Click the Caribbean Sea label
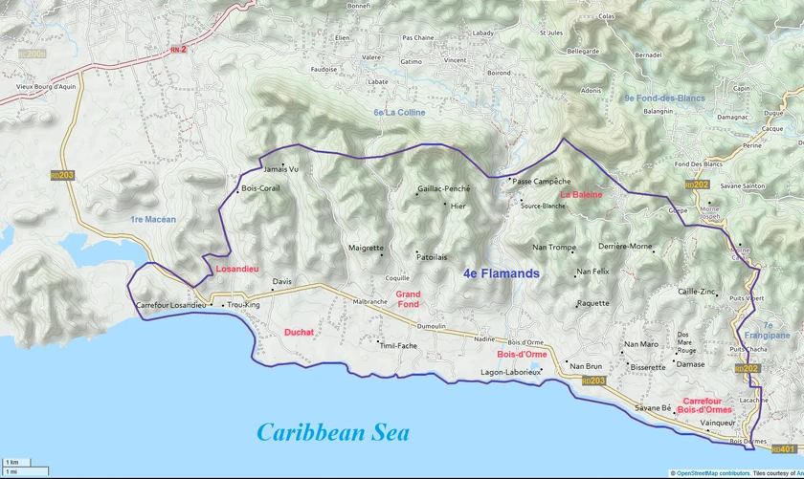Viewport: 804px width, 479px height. tap(332, 432)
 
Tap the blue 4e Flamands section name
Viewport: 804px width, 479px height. tap(501, 273)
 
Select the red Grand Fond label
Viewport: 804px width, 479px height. tap(409, 299)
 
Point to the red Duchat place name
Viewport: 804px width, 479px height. tap(299, 333)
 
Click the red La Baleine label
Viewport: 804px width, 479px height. tap(581, 195)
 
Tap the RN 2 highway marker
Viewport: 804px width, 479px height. tap(178, 48)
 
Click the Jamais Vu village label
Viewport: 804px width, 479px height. tap(280, 169)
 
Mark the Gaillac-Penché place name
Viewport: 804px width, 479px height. tap(443, 189)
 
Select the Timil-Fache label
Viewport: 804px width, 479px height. tap(398, 345)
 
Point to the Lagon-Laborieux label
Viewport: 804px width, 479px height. tap(510, 372)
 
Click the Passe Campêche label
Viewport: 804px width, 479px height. tap(541, 181)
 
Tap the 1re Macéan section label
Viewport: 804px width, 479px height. tap(153, 220)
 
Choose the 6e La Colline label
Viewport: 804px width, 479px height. tap(399, 113)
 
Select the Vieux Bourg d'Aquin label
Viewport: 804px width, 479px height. tap(39, 86)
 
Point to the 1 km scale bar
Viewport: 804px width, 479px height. tap(13, 463)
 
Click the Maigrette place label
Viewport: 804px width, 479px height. tap(366, 248)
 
